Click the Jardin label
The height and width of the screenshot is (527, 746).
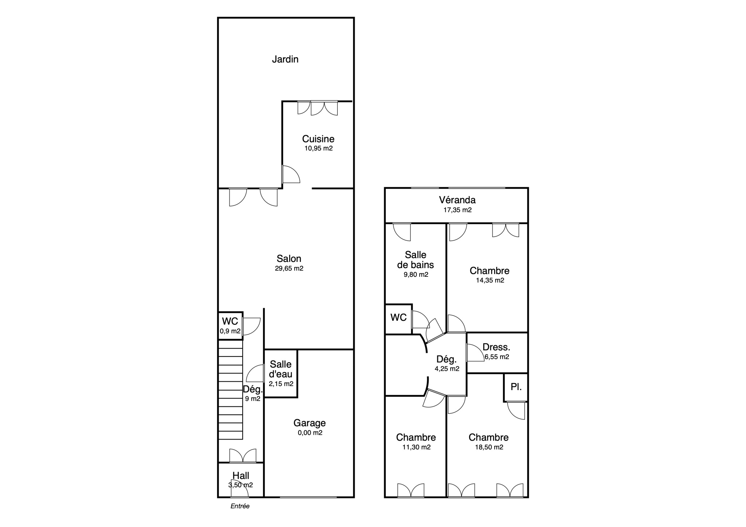(285, 59)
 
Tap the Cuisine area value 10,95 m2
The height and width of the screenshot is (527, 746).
(319, 148)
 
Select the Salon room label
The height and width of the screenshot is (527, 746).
(289, 259)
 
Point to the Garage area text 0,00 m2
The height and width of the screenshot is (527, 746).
(310, 433)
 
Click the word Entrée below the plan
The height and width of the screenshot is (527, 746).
(240, 506)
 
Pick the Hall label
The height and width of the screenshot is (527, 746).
(241, 476)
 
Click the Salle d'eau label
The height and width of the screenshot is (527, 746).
(281, 369)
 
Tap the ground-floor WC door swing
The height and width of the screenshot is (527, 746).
(251, 326)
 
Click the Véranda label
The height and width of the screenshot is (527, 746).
(457, 200)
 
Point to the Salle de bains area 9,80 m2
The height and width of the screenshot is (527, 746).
(416, 275)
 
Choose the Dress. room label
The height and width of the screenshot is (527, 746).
(496, 347)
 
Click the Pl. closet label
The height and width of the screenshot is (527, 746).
(516, 387)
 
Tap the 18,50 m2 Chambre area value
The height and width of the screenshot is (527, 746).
(489, 447)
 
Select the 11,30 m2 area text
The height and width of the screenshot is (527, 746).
(416, 447)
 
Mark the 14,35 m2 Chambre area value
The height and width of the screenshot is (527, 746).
(490, 280)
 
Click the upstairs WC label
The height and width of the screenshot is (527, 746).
(398, 318)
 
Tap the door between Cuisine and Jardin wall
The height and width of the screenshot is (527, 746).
(291, 174)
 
